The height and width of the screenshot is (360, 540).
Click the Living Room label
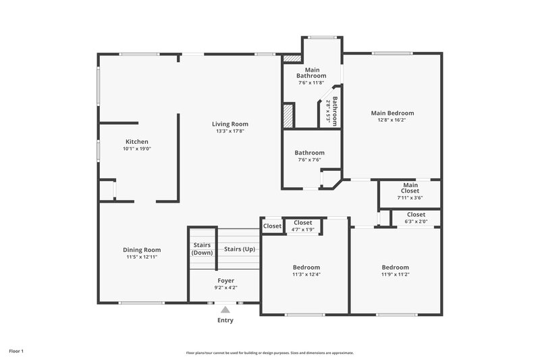(230, 124)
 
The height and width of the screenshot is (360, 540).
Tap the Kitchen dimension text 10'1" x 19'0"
(136, 149)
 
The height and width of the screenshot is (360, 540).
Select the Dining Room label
(142, 249)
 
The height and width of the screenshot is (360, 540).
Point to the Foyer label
(225, 280)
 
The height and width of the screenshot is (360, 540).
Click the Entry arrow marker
(225, 309)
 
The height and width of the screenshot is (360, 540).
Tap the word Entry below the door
(225, 320)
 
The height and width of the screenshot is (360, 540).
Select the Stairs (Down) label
(202, 249)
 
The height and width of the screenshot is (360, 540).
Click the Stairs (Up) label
(240, 249)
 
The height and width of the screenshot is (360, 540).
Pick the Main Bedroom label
(392, 113)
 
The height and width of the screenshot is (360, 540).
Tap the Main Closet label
(410, 188)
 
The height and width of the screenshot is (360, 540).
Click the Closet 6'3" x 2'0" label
(416, 214)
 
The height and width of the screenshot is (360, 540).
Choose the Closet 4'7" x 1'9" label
(303, 222)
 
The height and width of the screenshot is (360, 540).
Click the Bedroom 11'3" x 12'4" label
(306, 267)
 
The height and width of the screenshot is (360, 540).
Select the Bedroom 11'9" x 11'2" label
(395, 267)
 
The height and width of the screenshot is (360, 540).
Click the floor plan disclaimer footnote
(270, 353)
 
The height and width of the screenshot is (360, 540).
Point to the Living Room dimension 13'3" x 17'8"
(230, 131)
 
